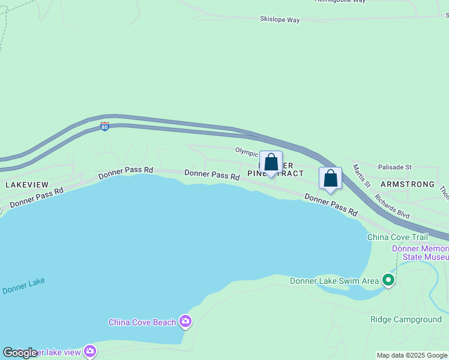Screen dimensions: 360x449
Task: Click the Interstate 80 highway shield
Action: [104, 127]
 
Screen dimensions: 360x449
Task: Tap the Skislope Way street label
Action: [280, 20]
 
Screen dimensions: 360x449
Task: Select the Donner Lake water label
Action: [23, 286]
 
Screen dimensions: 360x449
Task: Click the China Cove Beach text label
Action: [142, 322]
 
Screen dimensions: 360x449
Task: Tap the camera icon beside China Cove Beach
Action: [185, 322]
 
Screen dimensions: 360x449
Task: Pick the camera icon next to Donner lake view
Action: [90, 351]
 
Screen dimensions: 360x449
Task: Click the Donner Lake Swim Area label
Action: [334, 280]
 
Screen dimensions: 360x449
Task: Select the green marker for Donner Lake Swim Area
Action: [388, 280]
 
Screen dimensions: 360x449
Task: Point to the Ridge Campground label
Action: [406, 319]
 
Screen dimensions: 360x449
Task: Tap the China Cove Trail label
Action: [397, 237]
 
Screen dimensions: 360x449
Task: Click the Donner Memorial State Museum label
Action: [420, 253]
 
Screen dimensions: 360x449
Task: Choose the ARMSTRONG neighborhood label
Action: [407, 184]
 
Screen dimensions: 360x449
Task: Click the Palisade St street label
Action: [394, 167]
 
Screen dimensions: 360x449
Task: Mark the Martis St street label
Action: [362, 175]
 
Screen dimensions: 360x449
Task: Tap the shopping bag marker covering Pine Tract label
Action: [271, 163]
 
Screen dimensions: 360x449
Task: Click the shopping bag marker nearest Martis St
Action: [330, 179]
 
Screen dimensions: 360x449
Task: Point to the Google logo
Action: [20, 353]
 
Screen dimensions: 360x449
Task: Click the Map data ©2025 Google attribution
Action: [412, 355]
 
